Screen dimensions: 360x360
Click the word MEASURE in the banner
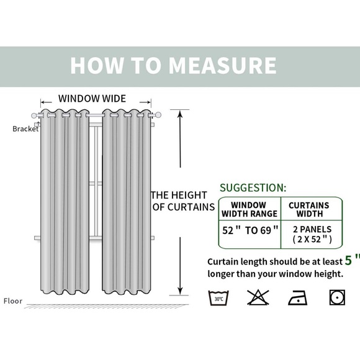[x=222, y=65]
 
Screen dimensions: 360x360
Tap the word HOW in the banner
[x=97, y=65]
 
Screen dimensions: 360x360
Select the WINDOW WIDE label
[x=92, y=99]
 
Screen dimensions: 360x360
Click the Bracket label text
[x=25, y=129]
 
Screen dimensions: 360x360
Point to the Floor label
[x=13, y=301]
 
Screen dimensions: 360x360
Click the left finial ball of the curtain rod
[x=34, y=115]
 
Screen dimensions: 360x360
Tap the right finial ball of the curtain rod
[x=158, y=115]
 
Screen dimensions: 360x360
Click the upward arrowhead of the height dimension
[x=181, y=114]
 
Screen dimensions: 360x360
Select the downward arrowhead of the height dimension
[x=181, y=291]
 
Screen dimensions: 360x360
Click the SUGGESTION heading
[x=253, y=187]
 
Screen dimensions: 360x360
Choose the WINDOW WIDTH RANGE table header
[x=250, y=209]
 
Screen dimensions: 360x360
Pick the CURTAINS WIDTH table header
[x=309, y=209]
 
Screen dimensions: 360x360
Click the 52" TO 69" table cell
[x=250, y=230]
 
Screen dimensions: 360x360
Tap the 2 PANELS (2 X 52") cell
[x=312, y=234]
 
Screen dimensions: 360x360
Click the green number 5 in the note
[x=348, y=260]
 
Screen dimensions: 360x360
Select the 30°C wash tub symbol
[x=218, y=298]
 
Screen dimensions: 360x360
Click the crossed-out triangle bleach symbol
[x=258, y=297]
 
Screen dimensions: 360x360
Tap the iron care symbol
[x=298, y=297]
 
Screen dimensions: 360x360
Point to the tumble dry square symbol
[x=337, y=297]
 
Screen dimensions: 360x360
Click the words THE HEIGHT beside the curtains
[x=179, y=195]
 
